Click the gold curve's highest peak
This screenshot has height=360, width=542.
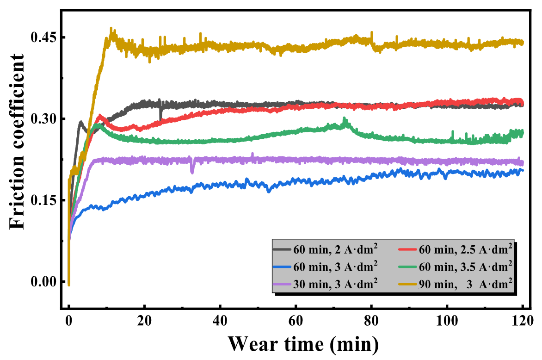(111, 29)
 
